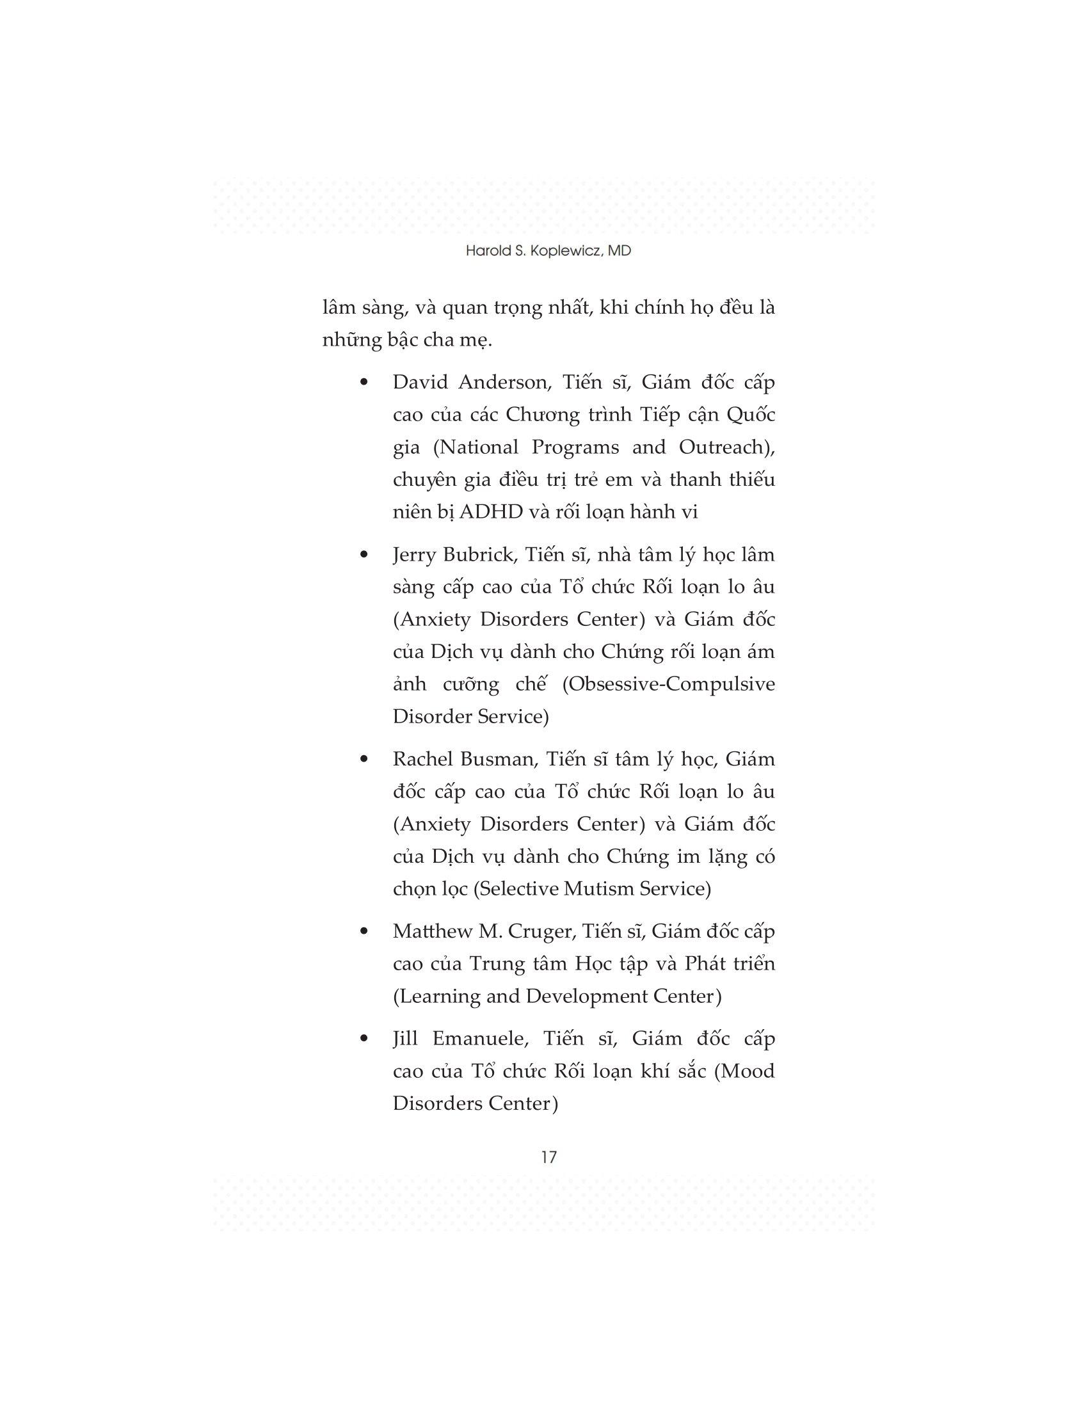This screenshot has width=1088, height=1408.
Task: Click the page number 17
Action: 548,1156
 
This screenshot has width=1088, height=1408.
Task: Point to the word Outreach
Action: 726,447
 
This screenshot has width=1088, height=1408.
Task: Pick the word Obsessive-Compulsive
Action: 668,684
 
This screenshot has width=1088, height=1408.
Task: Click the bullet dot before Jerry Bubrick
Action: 364,554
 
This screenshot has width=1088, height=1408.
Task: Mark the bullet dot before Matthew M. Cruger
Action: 364,931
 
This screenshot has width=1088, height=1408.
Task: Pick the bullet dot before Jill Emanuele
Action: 364,1039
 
